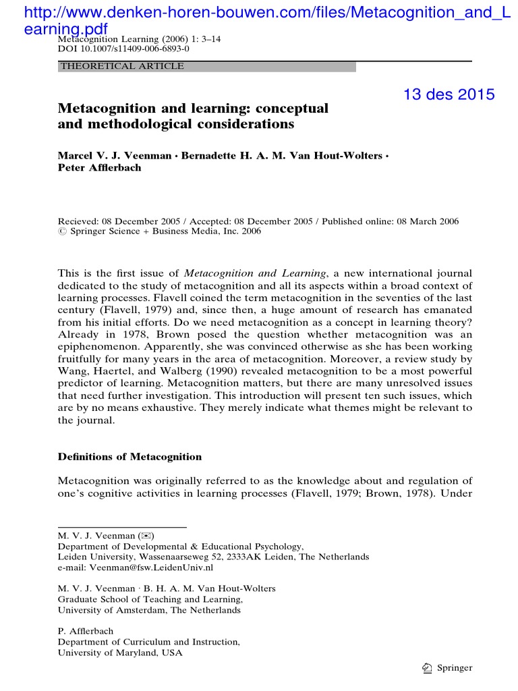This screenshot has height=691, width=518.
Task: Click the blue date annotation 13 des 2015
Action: pos(449,94)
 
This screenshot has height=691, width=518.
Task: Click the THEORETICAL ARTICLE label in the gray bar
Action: pos(122,66)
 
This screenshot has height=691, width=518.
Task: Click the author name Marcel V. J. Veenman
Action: pos(114,155)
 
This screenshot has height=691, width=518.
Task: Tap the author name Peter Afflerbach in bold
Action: pos(100,167)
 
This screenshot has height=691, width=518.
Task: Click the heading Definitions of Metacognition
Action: pos(129,457)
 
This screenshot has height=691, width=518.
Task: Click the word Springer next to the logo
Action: pos(455,668)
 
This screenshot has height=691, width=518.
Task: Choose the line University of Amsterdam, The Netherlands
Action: pos(149,610)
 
